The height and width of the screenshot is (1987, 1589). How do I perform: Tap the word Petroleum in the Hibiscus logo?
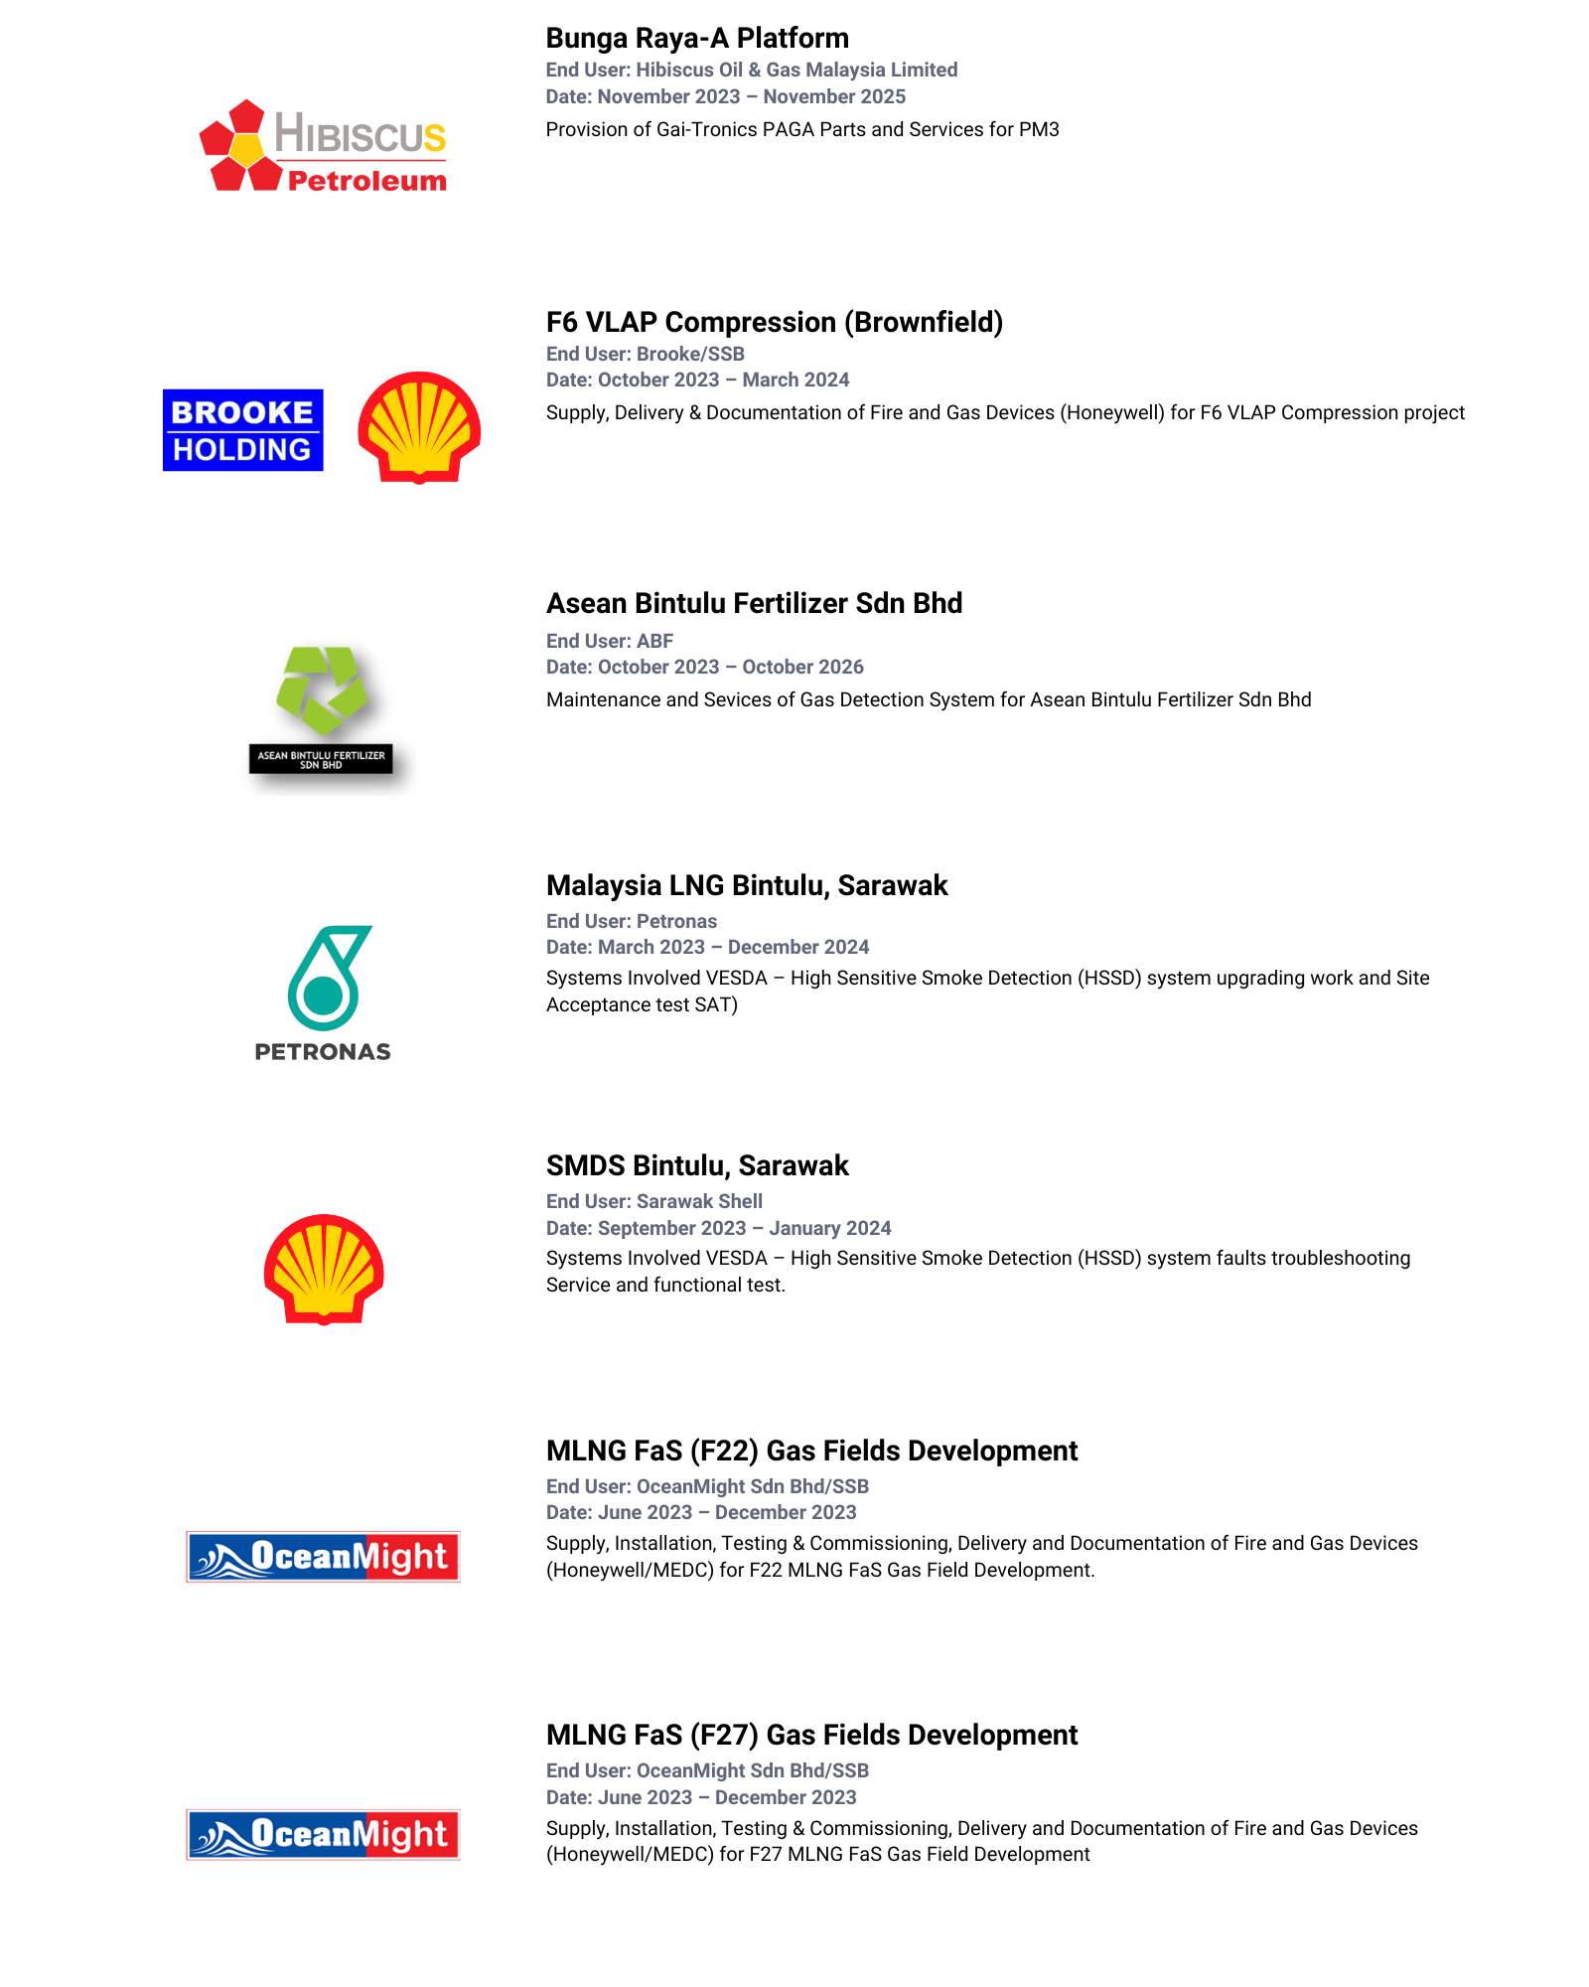click(x=366, y=181)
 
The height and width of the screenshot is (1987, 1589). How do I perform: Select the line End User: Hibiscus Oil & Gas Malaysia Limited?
click(x=751, y=70)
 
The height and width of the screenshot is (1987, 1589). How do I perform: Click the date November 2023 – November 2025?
click(x=725, y=96)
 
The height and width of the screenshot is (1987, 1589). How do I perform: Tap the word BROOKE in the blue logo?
click(x=242, y=411)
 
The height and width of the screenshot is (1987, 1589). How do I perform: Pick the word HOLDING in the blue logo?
click(x=242, y=450)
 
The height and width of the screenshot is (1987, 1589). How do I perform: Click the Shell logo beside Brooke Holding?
click(x=419, y=427)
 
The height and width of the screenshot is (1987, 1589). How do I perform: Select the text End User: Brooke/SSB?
click(x=646, y=354)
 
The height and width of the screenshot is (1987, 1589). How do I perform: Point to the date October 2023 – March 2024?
click(x=697, y=380)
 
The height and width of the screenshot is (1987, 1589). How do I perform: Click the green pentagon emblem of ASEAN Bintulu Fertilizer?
click(x=321, y=689)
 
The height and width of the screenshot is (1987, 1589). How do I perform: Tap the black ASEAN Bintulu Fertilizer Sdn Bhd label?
click(x=321, y=759)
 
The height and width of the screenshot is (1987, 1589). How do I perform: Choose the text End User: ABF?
click(x=610, y=641)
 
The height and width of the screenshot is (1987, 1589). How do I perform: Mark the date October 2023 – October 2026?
click(x=704, y=667)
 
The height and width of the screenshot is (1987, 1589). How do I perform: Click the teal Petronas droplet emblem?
click(x=327, y=978)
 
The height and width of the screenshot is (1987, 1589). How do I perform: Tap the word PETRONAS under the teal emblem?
click(x=323, y=1051)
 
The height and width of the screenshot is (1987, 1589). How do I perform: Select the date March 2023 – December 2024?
click(x=707, y=947)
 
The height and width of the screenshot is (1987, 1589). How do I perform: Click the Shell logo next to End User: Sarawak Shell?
click(x=324, y=1269)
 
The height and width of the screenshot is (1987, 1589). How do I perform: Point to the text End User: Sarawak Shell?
click(x=654, y=1201)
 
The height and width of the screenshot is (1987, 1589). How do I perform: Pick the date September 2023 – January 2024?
click(x=718, y=1228)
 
